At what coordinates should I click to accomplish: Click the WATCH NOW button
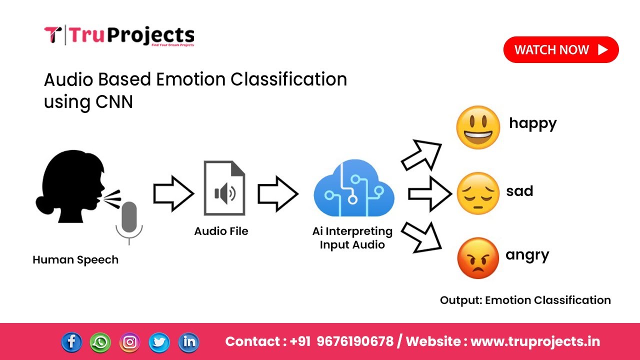pyautogui.click(x=560, y=50)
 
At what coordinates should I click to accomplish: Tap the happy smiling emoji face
pyautogui.click(x=478, y=127)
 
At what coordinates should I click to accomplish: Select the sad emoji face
pyautogui.click(x=478, y=193)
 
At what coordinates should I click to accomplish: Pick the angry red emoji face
pyautogui.click(x=478, y=258)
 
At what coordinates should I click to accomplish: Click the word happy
pyautogui.click(x=532, y=123)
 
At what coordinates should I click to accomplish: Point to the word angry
pyautogui.click(x=527, y=255)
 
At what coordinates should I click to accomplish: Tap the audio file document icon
pyautogui.click(x=224, y=188)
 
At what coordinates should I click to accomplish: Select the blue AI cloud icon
pyautogui.click(x=354, y=188)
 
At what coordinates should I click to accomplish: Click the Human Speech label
pyautogui.click(x=75, y=260)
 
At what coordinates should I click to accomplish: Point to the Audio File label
pyautogui.click(x=221, y=231)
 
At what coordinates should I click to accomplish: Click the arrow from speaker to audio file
pyautogui.click(x=173, y=193)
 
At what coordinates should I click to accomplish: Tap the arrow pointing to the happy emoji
pyautogui.click(x=421, y=155)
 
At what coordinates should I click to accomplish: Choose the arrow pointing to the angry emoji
pyautogui.click(x=421, y=235)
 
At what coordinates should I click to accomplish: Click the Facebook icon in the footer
pyautogui.click(x=71, y=342)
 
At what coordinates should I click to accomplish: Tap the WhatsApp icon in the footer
pyautogui.click(x=100, y=342)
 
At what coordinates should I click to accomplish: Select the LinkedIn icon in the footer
pyautogui.click(x=188, y=342)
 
